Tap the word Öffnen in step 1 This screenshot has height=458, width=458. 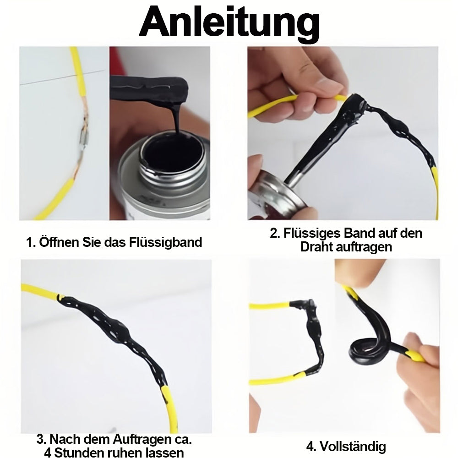[x=59, y=242]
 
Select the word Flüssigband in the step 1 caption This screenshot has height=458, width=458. [x=165, y=242]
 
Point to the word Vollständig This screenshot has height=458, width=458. [x=353, y=446]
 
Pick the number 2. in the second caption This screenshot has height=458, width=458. [x=275, y=234]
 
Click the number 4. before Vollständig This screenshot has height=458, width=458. [x=311, y=447]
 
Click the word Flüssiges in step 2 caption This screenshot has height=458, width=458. [x=311, y=234]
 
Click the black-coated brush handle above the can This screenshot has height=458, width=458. [x=149, y=87]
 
